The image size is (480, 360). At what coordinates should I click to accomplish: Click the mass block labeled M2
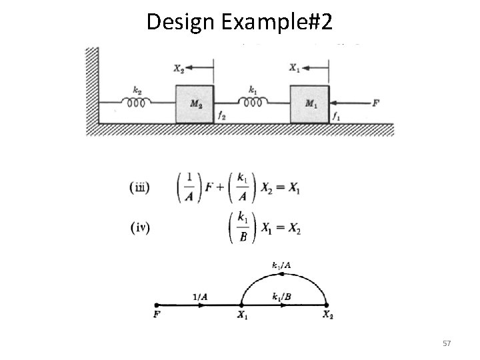195,103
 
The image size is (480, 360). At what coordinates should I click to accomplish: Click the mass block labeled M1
309,103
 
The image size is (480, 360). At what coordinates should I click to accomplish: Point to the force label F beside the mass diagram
377,103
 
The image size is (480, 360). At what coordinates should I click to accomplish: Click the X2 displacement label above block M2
179,67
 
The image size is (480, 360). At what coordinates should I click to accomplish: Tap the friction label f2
221,116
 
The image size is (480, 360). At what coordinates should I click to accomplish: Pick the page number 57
447,343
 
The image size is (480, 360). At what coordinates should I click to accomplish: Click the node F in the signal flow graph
155,314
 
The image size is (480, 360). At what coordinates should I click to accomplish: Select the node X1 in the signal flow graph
241,314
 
